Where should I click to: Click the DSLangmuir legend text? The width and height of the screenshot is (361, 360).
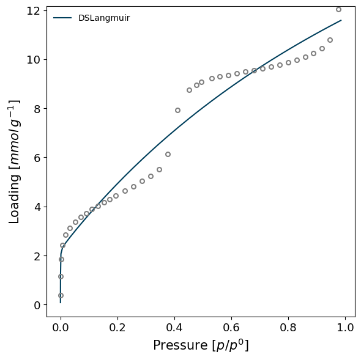pos(104,18)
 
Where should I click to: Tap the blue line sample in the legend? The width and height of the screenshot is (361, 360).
pos(62,18)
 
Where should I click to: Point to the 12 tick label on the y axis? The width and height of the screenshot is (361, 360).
pos(34,11)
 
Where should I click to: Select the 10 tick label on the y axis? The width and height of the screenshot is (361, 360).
pos(34,60)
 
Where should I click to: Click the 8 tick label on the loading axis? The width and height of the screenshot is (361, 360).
pos(37,109)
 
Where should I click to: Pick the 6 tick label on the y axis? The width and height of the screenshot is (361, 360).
pos(37,158)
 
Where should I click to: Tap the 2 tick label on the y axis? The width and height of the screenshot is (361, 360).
pos(37,256)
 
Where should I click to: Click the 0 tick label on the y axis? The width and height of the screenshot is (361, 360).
pos(37,305)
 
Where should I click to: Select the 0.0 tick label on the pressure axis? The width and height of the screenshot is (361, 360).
pos(61,327)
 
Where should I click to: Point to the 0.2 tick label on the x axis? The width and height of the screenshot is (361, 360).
pos(117,327)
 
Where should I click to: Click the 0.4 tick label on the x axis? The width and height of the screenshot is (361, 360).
pos(174,327)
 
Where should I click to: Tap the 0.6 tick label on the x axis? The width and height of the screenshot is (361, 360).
pos(231,327)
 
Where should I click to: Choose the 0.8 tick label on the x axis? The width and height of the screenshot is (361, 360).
pos(288,327)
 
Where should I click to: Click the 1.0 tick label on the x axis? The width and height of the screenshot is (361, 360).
pos(345,327)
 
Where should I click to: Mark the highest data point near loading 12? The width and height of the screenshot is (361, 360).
pos(338,9)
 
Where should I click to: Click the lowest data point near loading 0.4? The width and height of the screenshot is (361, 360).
pos(61,295)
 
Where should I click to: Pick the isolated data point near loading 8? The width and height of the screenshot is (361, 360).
pos(177,110)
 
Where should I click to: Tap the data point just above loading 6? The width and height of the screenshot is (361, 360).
pos(168,154)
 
